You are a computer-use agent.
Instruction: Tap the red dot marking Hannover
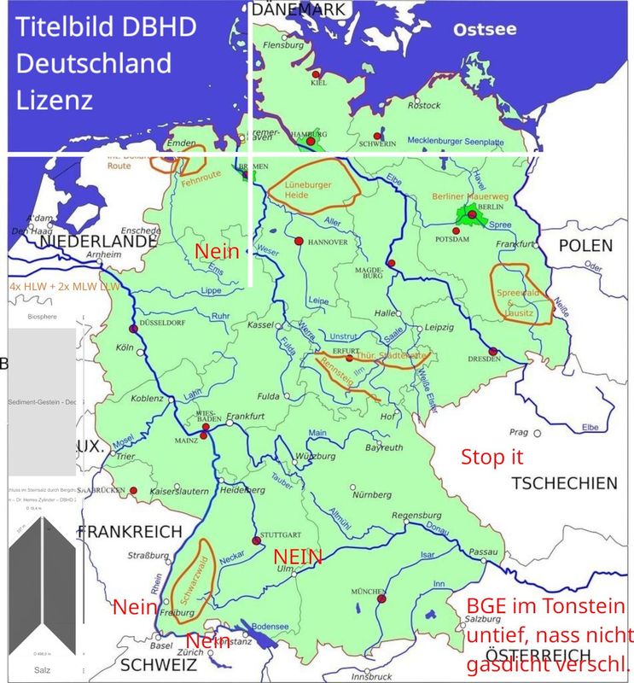(x=299, y=242)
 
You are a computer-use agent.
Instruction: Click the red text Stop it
(x=491, y=456)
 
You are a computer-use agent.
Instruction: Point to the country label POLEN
(x=585, y=245)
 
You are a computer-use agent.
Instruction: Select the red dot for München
(x=381, y=599)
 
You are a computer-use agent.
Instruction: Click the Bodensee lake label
(x=270, y=626)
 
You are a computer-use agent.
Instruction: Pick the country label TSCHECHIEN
(x=564, y=483)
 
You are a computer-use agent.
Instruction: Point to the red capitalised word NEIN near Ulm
(x=298, y=557)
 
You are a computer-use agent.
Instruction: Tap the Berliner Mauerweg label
(x=470, y=196)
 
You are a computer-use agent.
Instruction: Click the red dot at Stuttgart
(x=255, y=541)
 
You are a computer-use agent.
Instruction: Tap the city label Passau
(x=483, y=552)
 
